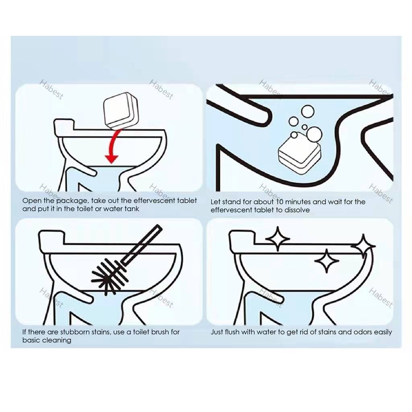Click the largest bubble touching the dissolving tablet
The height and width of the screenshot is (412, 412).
[x=314, y=134]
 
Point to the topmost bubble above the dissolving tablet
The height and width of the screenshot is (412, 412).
[x=307, y=112]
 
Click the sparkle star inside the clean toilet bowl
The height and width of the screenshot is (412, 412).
[x=327, y=261]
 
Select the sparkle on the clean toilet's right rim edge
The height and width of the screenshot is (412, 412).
[x=363, y=246]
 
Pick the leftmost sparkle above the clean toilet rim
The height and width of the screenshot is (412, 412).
[x=278, y=239]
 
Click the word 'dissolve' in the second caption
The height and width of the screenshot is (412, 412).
[x=297, y=210]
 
